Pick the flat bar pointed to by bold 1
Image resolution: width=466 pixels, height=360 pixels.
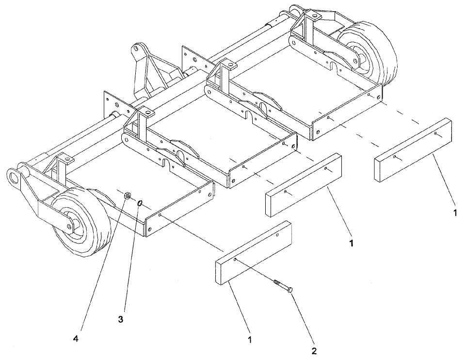(303, 185)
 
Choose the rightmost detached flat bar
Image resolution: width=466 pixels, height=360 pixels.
(413, 150)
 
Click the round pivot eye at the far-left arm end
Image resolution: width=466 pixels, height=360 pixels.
(15, 178)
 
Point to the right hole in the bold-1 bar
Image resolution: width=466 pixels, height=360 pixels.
(326, 169)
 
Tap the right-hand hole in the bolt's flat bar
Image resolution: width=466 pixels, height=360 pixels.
(277, 235)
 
